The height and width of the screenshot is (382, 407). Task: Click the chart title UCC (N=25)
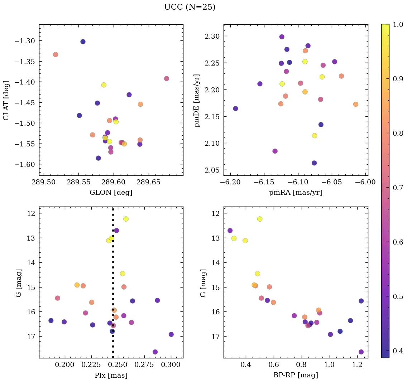[190, 7]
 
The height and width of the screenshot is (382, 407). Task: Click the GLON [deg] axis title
[111, 193]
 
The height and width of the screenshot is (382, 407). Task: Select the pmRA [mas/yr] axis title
[296, 193]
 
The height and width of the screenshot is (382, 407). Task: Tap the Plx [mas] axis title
[111, 375]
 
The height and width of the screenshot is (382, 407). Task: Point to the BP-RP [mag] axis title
[296, 375]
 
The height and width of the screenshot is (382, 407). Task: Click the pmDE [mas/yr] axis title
[197, 100]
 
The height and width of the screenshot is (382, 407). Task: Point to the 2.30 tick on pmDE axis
[211, 36]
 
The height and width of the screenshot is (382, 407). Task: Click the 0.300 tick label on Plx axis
[171, 365]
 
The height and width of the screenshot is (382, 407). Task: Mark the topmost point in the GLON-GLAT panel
[83, 42]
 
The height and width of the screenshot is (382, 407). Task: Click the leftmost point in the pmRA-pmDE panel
[235, 108]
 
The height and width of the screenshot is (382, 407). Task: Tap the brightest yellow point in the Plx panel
[126, 219]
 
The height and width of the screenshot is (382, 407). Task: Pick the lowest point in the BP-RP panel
[361, 352]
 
